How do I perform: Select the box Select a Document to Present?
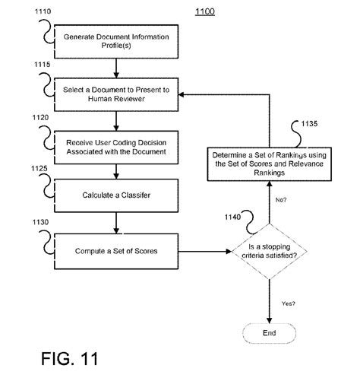point(115,95)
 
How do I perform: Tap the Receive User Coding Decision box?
point(115,147)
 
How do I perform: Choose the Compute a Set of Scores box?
point(115,250)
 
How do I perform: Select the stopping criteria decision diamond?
point(269,251)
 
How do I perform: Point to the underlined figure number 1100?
point(204,13)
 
